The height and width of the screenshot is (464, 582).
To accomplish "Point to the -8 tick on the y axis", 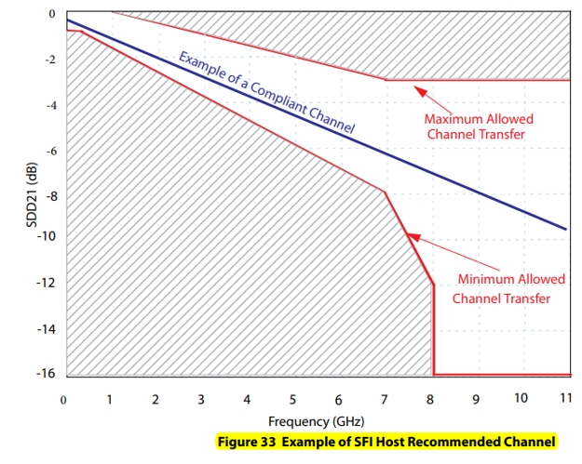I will tap(48, 196).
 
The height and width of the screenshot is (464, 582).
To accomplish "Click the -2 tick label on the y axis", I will tap(49, 60).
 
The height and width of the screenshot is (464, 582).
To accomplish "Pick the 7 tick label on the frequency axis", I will tap(384, 400).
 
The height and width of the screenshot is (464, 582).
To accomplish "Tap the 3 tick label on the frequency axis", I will tap(201, 400).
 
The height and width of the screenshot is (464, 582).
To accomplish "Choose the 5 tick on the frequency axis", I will tap(292, 400).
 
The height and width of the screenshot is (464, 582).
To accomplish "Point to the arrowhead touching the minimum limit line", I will tap(413, 239).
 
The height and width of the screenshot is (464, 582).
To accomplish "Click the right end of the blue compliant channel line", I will tap(565, 229).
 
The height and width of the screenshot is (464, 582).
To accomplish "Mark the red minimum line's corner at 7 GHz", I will tap(385, 192).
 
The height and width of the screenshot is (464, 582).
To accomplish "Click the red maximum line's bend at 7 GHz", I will tap(385, 80).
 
